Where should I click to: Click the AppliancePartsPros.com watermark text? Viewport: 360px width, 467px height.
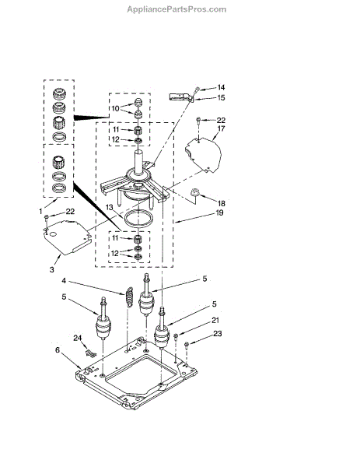[x=177, y=9]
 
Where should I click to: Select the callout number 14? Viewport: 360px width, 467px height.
[x=221, y=87]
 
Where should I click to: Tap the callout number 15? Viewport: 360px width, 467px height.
[x=221, y=98]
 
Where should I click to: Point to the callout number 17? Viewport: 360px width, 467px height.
[x=221, y=128]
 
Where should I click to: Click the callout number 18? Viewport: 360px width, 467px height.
[x=221, y=203]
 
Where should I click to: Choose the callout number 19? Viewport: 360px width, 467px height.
[x=219, y=212]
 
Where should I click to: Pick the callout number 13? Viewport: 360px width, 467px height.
[x=110, y=207]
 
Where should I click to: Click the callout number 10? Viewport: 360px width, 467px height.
[x=115, y=108]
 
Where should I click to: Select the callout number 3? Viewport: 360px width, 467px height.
[x=52, y=269]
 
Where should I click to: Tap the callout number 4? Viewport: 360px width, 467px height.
[x=64, y=281]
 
